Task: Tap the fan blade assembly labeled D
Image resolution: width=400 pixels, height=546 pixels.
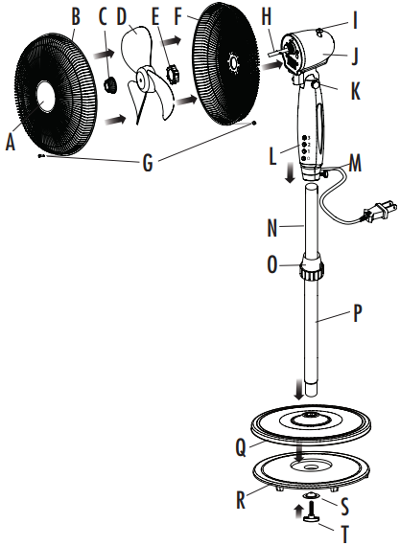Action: pos(144,81)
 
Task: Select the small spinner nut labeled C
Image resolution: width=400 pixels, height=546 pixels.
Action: pos(109,84)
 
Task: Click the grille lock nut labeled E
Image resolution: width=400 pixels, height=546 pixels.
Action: pos(174,73)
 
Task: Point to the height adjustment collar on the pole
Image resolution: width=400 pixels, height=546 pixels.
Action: pos(310,267)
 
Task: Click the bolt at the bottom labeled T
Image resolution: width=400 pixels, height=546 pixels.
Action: pos(313,518)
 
